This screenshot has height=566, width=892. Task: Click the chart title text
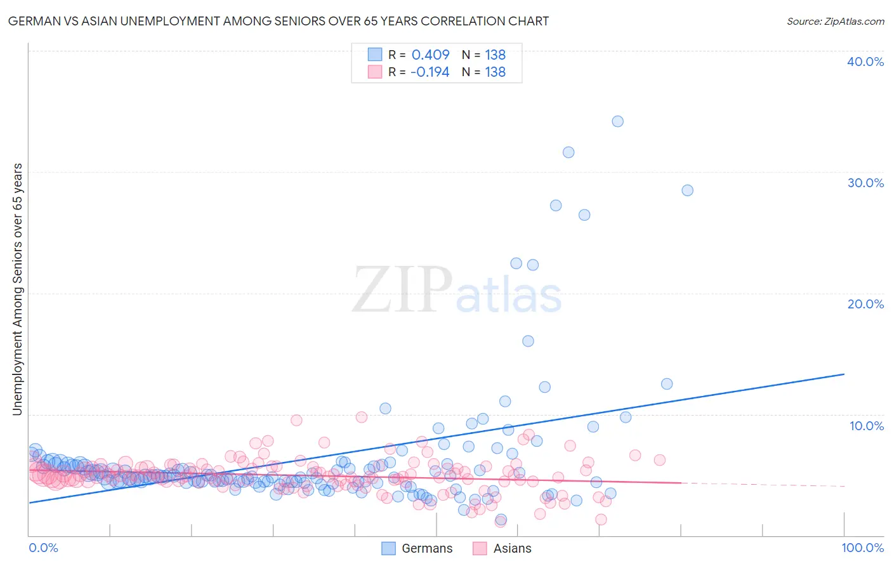click(x=278, y=21)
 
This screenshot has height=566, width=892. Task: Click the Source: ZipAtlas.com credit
click(x=835, y=21)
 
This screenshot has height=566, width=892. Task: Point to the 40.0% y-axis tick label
click(x=865, y=62)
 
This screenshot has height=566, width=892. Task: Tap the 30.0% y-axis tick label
click(x=865, y=183)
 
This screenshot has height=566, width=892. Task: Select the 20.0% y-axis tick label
click(x=865, y=304)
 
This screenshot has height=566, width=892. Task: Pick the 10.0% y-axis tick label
click(x=867, y=426)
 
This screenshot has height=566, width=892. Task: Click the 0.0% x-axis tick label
click(x=43, y=548)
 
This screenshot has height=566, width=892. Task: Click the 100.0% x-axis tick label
click(x=862, y=548)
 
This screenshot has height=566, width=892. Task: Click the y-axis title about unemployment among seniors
click(x=17, y=289)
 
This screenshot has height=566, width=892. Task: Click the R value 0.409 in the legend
click(x=430, y=55)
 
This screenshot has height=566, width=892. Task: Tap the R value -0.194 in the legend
click(x=430, y=72)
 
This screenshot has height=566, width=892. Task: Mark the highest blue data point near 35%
click(x=617, y=121)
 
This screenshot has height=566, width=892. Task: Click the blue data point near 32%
click(x=568, y=152)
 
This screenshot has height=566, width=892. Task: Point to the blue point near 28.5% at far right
click(x=687, y=190)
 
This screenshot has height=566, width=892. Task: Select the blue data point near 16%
click(x=528, y=341)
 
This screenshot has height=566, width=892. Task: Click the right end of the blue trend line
click(x=844, y=374)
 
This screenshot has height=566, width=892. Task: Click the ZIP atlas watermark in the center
click(x=457, y=291)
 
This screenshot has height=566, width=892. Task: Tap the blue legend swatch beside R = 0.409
click(x=375, y=55)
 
